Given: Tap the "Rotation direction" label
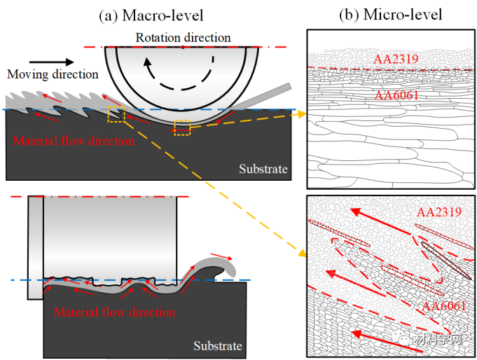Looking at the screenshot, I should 183,37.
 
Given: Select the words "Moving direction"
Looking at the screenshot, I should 53,74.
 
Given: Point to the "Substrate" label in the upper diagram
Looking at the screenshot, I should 263,169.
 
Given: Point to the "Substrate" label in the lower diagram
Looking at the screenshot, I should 217,346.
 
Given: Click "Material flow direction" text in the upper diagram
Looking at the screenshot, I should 74,141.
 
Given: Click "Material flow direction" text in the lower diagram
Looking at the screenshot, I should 114,312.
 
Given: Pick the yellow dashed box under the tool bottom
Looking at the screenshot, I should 182,127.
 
